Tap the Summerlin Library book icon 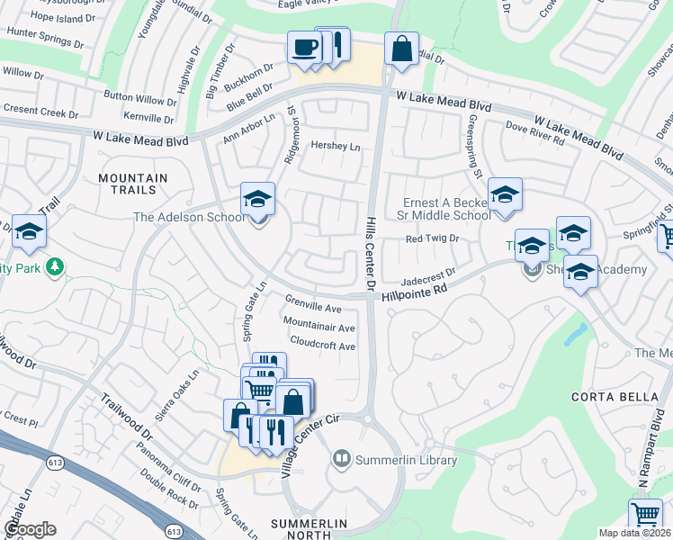[341, 460]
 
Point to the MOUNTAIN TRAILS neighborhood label [133, 184]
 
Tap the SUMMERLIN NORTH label [309, 530]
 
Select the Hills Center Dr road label [371, 253]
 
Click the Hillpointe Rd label [414, 291]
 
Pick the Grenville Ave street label [313, 302]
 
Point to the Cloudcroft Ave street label [322, 346]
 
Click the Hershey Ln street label [335, 146]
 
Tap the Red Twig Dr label [432, 238]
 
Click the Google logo [30, 529]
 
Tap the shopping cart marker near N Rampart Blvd [647, 516]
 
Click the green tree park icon [55, 266]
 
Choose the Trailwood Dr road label [127, 419]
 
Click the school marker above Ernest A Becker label [505, 195]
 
